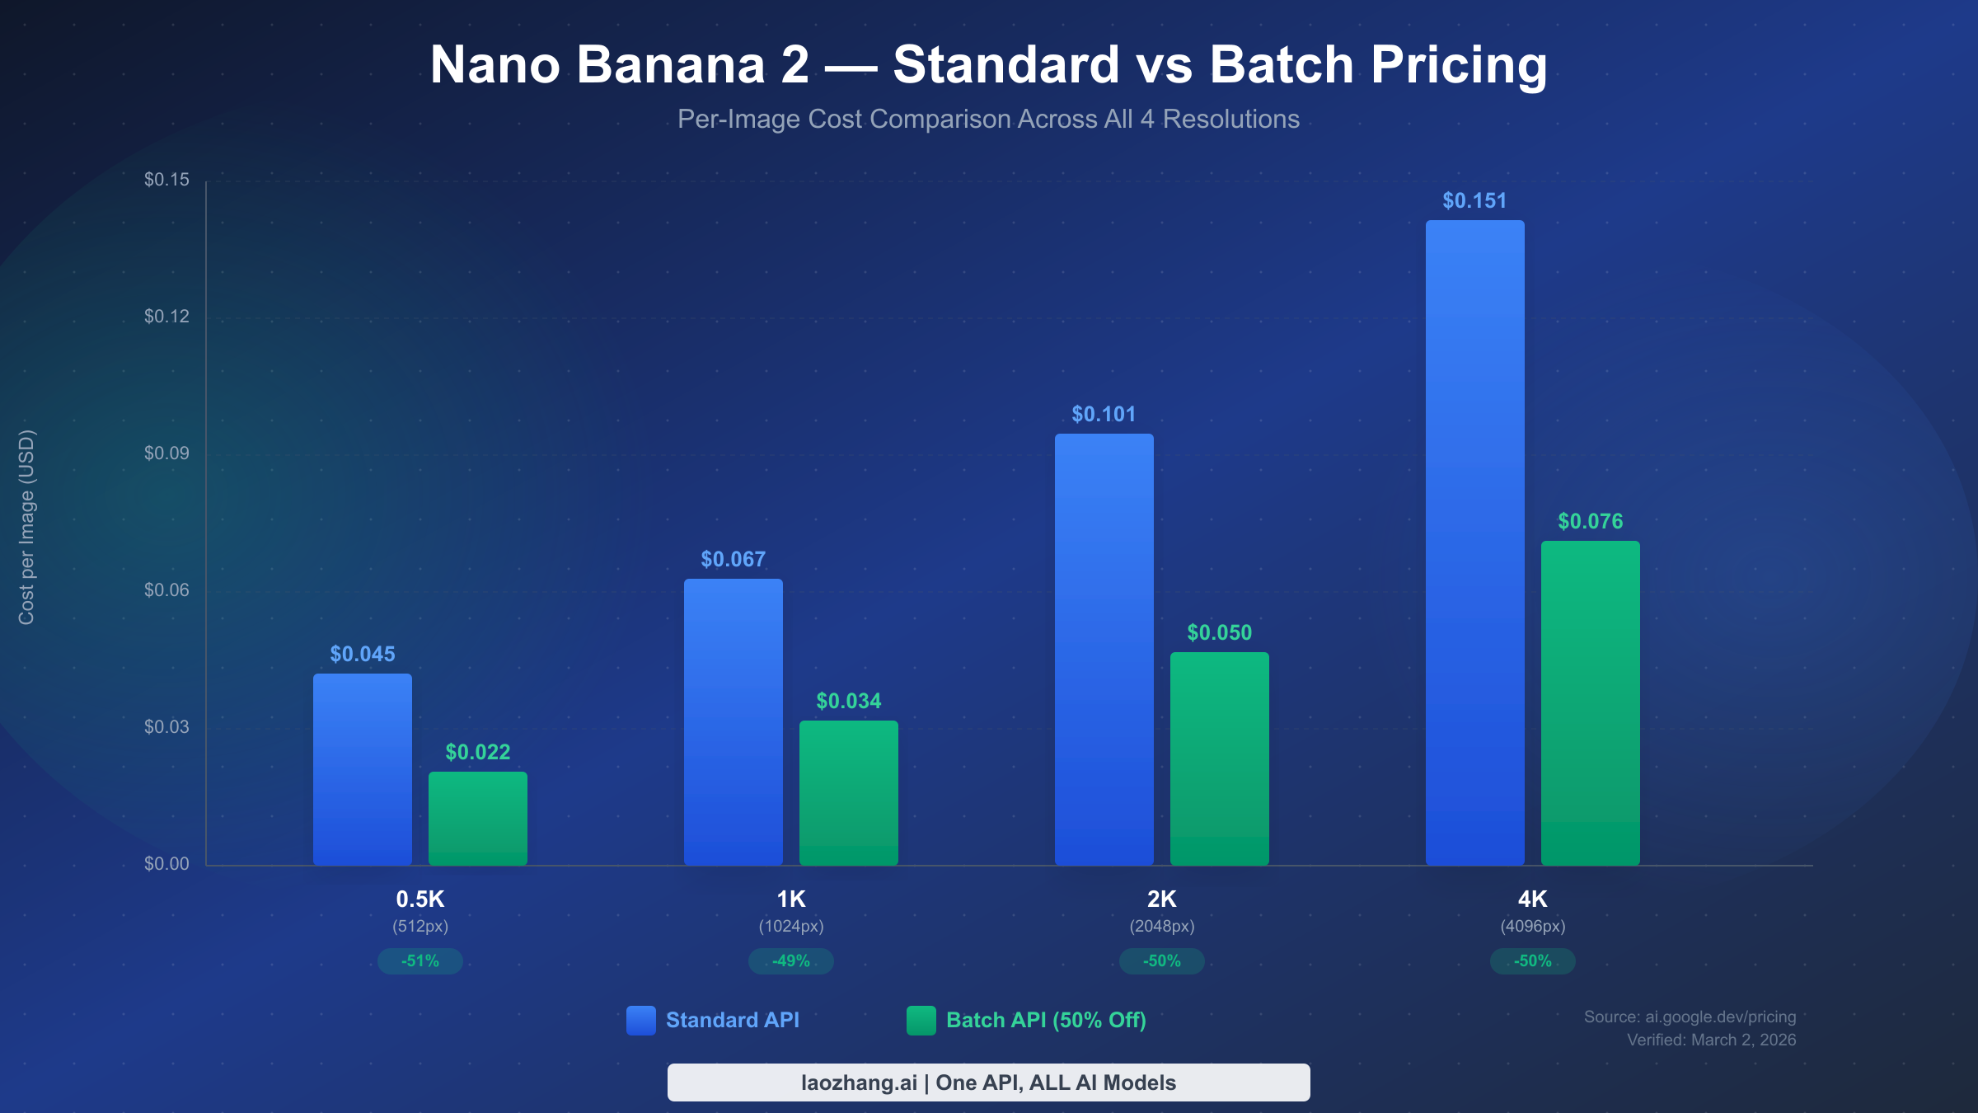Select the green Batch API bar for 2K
coord(1219,758)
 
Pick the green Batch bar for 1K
coord(848,792)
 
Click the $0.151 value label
coord(1474,200)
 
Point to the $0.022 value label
coord(477,752)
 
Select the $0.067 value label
coord(733,559)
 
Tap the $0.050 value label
coord(1219,632)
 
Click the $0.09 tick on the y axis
coord(166,453)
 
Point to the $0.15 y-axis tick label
coord(166,179)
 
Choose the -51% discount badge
coord(420,960)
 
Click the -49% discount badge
coord(790,960)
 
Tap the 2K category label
coord(1161,899)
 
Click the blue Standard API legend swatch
coord(640,1020)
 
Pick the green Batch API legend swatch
coord(921,1020)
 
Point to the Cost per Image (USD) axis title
coord(26,528)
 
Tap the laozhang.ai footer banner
coord(988,1082)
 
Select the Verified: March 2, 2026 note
coord(1711,1040)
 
